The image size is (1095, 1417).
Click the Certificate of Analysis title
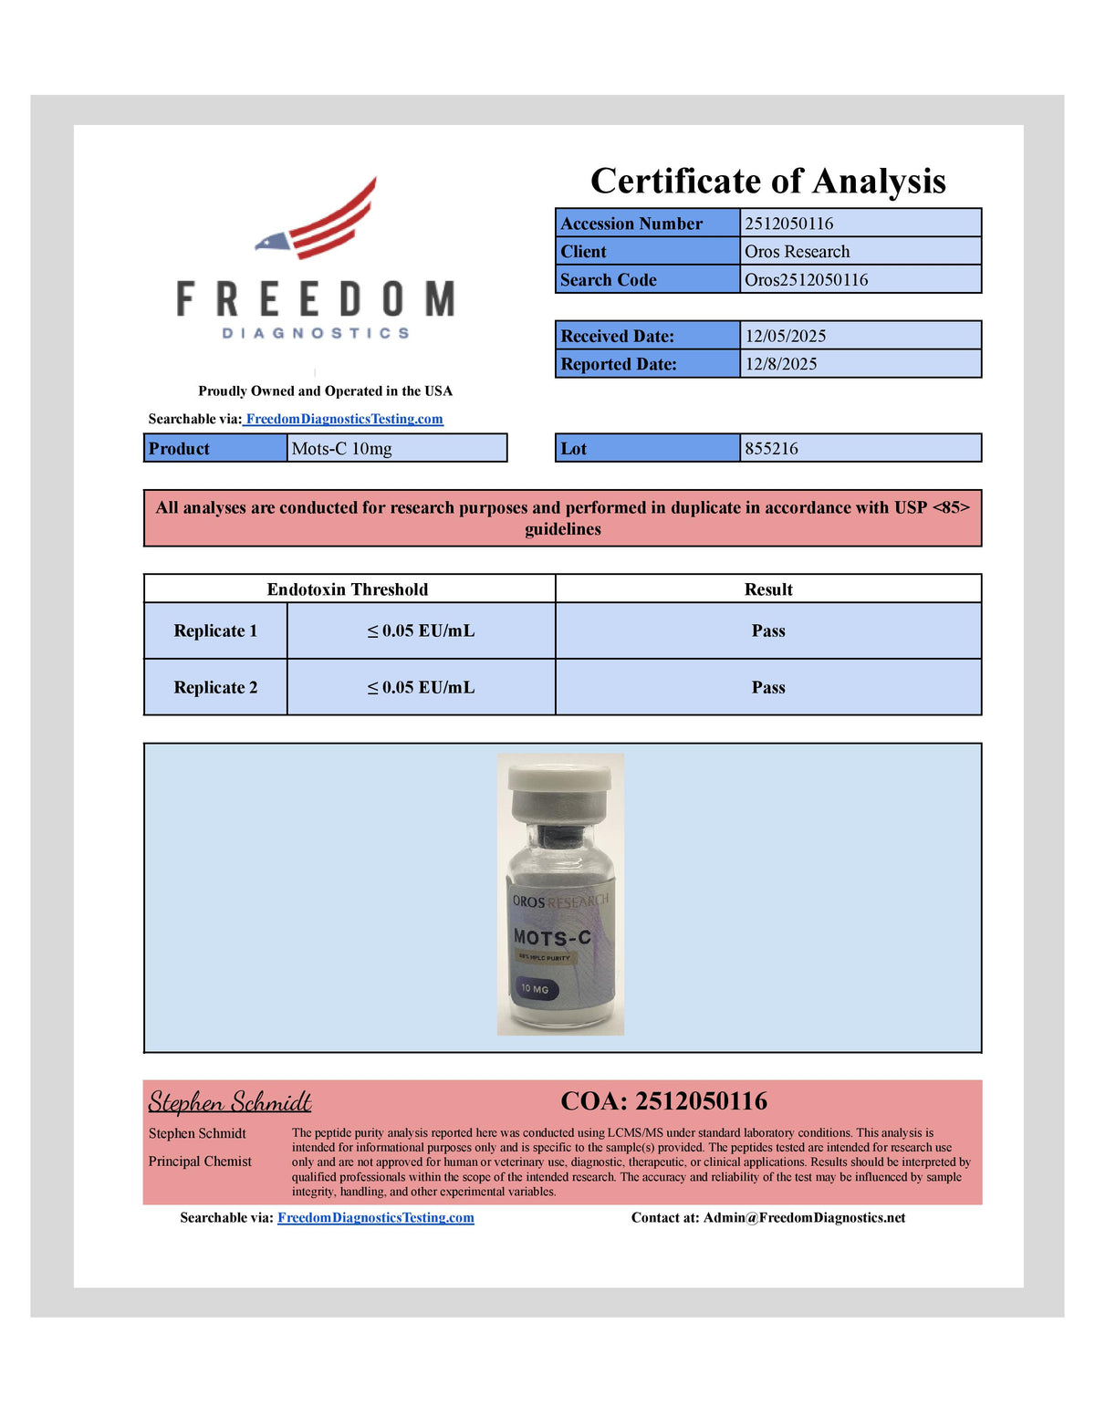767,181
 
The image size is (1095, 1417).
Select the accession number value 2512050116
789,224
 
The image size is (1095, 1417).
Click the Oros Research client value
797,252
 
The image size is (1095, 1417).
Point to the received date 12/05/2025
786,336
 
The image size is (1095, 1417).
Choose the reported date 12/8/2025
781,364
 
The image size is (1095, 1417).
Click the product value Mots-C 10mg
342,449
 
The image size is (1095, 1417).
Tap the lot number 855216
772,449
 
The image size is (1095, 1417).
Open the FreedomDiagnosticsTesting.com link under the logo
344,419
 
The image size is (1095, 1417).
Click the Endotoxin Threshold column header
348,589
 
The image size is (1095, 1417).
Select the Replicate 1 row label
215,631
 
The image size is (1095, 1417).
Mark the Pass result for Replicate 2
768,688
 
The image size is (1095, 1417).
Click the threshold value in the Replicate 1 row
421,631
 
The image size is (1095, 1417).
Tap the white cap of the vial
559,780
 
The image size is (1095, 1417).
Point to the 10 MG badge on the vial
535,989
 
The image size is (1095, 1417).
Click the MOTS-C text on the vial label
552,938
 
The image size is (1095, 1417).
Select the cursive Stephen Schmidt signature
230,1102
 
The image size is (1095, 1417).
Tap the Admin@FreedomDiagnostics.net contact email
804,1218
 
